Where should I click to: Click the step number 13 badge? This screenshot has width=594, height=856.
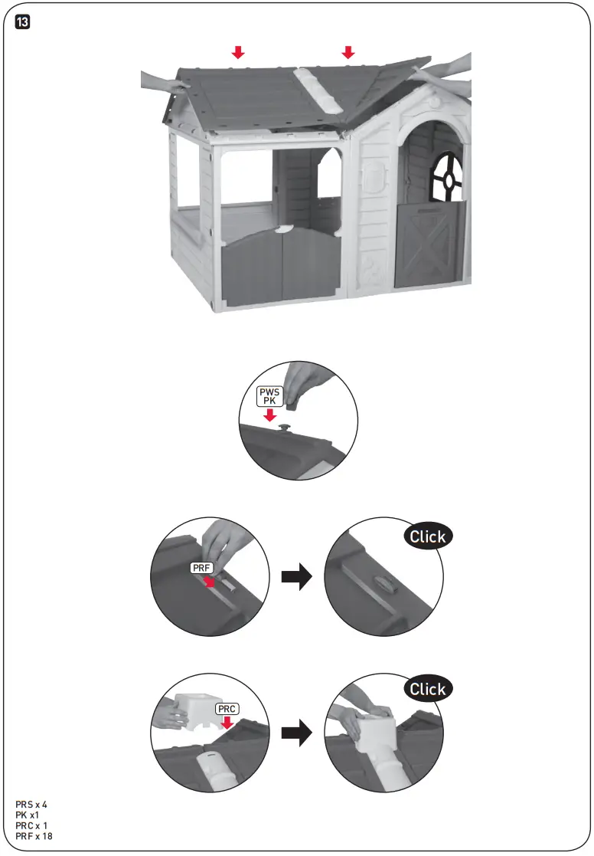[x=23, y=24]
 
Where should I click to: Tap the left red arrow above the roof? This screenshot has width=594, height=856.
[x=239, y=52]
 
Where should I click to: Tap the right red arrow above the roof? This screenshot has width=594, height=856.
[x=348, y=52]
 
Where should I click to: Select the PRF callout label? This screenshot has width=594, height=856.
[x=201, y=569]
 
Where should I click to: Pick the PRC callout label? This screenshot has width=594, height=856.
[x=227, y=709]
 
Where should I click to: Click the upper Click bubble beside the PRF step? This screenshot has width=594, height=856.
[x=427, y=536]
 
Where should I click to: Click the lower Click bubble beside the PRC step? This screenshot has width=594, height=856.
[x=427, y=689]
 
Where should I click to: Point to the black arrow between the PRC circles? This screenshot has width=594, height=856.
[x=297, y=734]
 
